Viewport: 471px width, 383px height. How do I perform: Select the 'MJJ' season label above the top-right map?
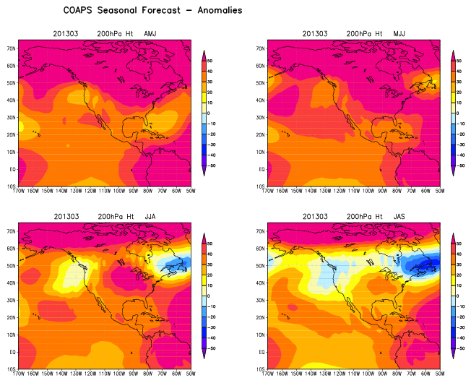pyautogui.click(x=401, y=33)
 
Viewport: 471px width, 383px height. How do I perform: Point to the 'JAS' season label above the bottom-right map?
pyautogui.click(x=401, y=216)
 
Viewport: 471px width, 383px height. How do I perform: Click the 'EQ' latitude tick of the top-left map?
pyautogui.click(x=12, y=169)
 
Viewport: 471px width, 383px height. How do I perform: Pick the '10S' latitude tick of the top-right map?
pyautogui.click(x=262, y=186)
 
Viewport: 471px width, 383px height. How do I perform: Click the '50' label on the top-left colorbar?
pyautogui.click(x=215, y=61)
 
